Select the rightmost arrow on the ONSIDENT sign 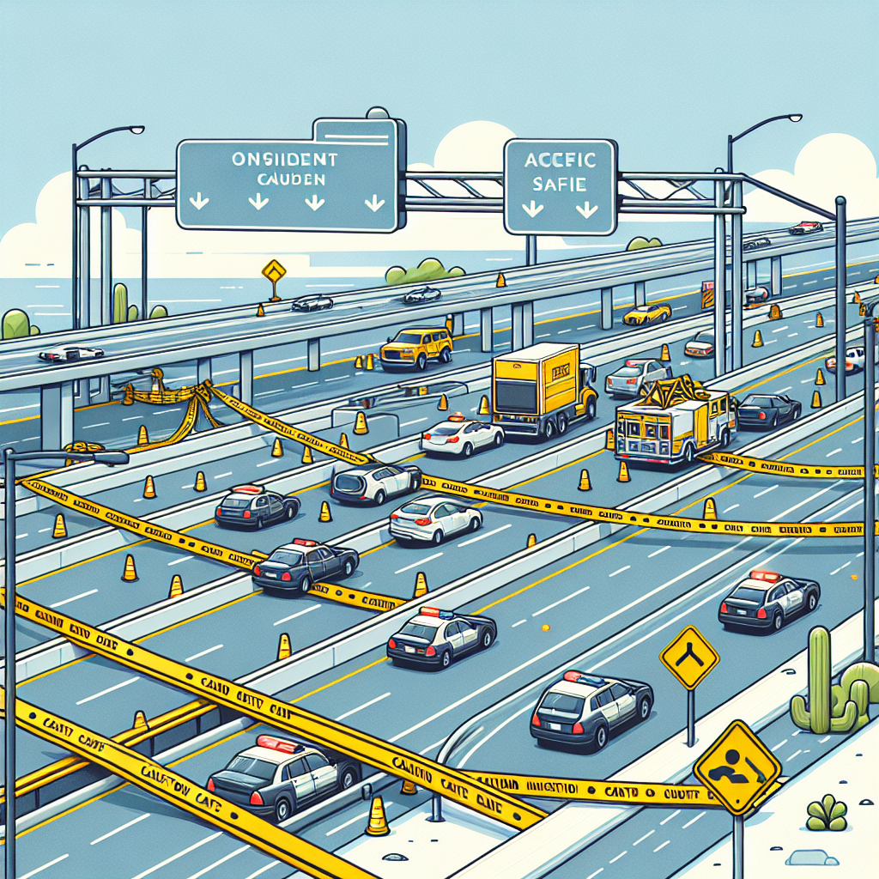pos(374,203)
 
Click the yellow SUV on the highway pos(416,347)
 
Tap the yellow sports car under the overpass pos(646,314)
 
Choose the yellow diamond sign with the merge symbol pos(688,657)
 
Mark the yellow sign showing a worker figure pos(737,767)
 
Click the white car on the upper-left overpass pos(71,354)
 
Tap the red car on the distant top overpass pos(806,227)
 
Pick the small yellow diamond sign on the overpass pos(274,271)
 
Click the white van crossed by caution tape pos(375,483)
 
